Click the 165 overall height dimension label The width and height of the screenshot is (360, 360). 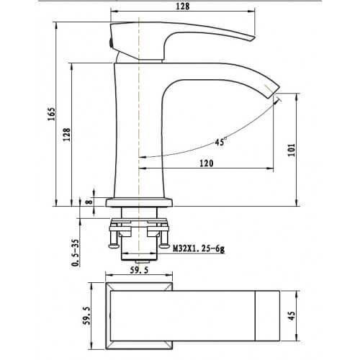click(52, 114)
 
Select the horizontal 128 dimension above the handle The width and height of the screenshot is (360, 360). click(183, 6)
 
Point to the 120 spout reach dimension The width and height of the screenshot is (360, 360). click(207, 163)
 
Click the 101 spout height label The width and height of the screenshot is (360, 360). click(292, 150)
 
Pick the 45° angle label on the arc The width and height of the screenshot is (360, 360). click(220, 142)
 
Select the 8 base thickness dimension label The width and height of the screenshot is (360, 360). click(89, 201)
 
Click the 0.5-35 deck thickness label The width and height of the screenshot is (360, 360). click(76, 253)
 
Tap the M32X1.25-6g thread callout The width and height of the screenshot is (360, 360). click(199, 248)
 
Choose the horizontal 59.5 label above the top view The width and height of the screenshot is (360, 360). click(139, 270)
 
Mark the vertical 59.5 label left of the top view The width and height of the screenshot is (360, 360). click(87, 315)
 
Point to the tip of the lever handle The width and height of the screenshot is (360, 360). click(253, 38)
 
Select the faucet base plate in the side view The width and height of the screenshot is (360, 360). click(139, 202)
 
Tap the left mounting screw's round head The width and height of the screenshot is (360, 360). click(114, 246)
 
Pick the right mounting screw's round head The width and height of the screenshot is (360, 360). click(165, 246)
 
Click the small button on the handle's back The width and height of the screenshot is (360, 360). click(110, 43)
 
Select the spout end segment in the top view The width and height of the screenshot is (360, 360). click(267, 315)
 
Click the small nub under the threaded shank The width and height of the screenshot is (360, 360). click(139, 261)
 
